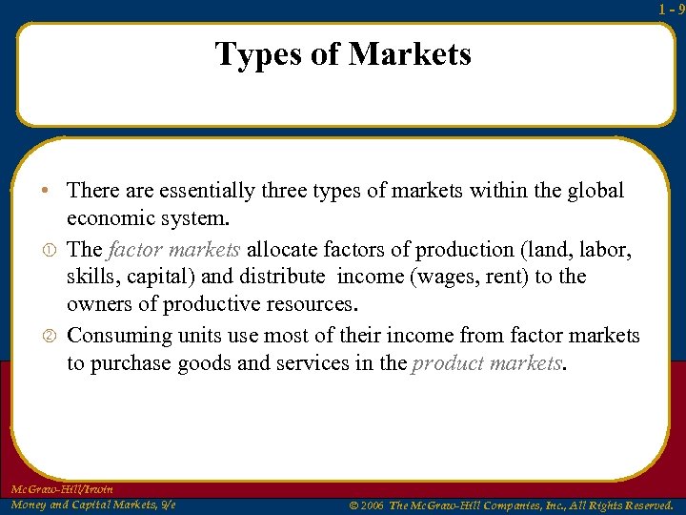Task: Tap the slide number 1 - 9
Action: click(x=671, y=8)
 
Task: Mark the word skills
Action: click(x=91, y=278)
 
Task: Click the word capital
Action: click(x=158, y=278)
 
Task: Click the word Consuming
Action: click(x=114, y=336)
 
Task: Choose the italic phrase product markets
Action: click(x=487, y=363)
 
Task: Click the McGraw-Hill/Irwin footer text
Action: click(x=61, y=489)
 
